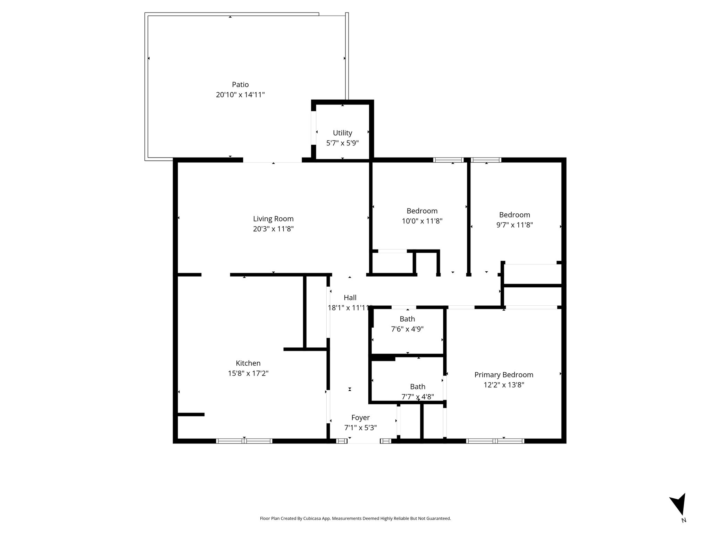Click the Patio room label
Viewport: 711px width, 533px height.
click(x=240, y=85)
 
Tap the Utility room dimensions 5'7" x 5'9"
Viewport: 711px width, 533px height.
click(x=342, y=143)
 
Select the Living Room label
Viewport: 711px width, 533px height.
click(x=273, y=219)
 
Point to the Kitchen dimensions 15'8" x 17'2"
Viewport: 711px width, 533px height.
click(x=248, y=373)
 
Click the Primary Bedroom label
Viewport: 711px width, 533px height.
click(x=504, y=375)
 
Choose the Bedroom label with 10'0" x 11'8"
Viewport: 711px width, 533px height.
click(x=422, y=211)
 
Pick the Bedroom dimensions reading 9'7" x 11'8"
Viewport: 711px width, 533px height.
click(x=515, y=225)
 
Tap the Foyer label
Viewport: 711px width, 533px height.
click(x=360, y=418)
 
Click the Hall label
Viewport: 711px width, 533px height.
click(x=350, y=298)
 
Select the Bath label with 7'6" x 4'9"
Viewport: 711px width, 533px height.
click(x=407, y=319)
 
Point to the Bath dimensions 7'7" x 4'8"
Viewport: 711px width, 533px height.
click(x=418, y=397)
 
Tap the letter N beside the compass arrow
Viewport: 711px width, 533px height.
click(x=684, y=520)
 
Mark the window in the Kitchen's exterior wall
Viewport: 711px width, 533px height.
click(x=244, y=441)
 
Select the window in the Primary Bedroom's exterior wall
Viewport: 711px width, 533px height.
click(x=495, y=441)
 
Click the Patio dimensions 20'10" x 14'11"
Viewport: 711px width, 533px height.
click(x=240, y=95)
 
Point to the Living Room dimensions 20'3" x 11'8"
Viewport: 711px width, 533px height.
click(x=273, y=229)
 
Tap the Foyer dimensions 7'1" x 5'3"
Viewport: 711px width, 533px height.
click(x=360, y=428)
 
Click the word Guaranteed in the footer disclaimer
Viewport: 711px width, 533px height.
click(x=440, y=518)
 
